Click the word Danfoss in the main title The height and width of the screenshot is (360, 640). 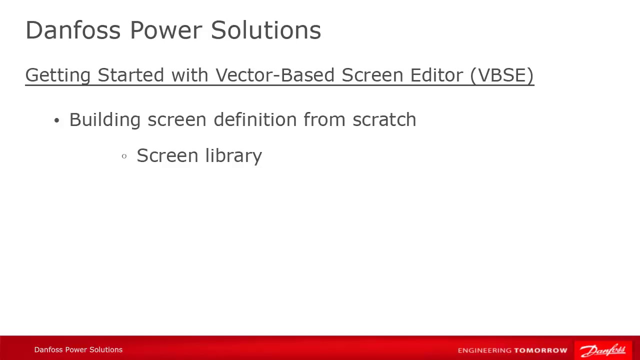[x=73, y=30]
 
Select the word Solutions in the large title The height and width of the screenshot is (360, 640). [x=265, y=30]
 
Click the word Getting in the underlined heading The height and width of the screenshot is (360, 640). [x=58, y=75]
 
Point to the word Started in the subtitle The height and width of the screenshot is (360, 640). [x=131, y=75]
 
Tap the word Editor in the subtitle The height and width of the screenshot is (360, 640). [x=436, y=75]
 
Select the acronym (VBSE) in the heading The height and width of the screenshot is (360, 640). [x=502, y=75]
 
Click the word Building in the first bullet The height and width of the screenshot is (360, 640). [x=104, y=120]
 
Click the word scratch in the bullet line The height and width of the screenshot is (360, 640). [x=384, y=119]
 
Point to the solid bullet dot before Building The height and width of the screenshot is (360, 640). [x=56, y=120]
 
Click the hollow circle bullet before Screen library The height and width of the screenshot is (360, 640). [x=124, y=156]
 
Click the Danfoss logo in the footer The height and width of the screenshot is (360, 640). [x=603, y=349]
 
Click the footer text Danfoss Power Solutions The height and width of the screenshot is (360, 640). [x=78, y=349]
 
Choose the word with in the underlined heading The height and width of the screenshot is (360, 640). [x=189, y=75]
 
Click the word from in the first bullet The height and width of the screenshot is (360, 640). [x=324, y=119]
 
